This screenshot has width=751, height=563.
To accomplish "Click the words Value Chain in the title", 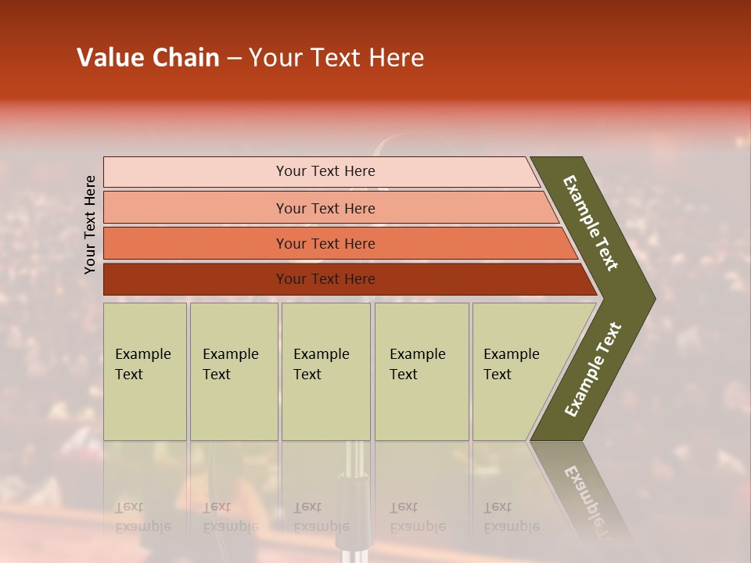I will [148, 58].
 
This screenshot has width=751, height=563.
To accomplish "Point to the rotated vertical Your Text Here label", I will [90, 224].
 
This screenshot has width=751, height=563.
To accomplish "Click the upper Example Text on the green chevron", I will [591, 223].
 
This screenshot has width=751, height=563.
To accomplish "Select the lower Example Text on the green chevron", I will [593, 370].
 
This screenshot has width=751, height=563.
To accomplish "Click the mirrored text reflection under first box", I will [142, 517].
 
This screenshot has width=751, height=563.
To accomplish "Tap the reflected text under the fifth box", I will [511, 517].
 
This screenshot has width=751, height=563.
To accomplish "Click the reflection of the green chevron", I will [583, 493].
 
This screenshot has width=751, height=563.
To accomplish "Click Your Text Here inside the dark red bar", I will [325, 279].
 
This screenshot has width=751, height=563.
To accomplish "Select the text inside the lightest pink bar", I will [325, 171].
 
